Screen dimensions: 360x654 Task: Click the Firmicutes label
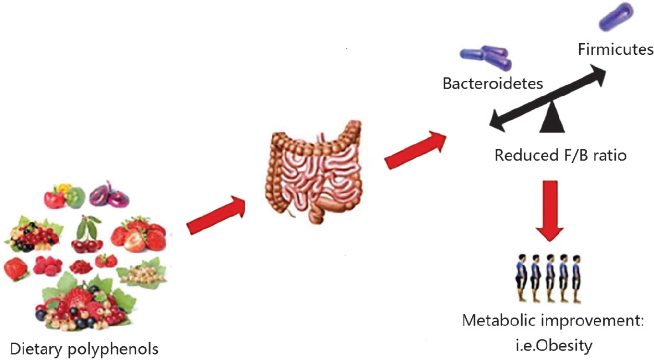(615, 50)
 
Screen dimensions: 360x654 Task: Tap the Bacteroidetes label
(493, 84)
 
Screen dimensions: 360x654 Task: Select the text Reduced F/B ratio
(560, 155)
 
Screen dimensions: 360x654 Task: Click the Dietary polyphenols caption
(84, 349)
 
